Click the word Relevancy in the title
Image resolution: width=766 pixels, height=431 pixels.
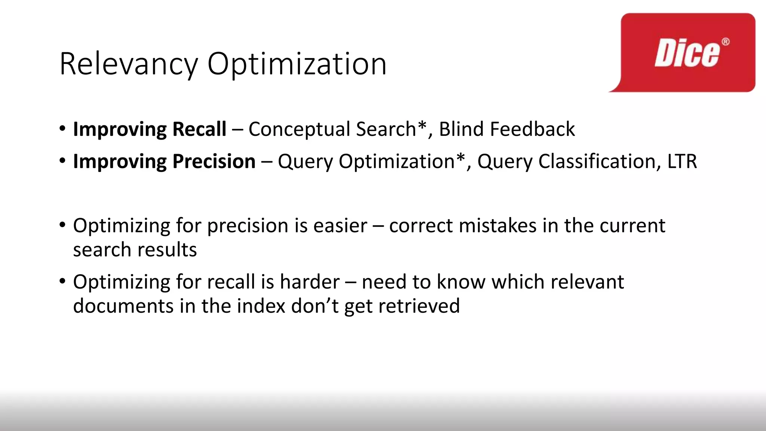(128, 64)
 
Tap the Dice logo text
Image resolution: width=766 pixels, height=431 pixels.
(687, 54)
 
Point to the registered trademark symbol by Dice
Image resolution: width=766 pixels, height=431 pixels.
(725, 42)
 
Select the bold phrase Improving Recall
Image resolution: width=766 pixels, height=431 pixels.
(150, 129)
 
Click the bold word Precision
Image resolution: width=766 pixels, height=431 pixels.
(214, 162)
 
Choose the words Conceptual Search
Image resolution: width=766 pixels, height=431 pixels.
(332, 129)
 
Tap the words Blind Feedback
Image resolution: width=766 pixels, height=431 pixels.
(507, 129)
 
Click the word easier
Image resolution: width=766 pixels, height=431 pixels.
(340, 226)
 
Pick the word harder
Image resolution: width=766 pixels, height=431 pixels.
(310, 282)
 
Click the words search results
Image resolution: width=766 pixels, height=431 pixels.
(135, 250)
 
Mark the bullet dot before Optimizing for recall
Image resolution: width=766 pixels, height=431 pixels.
(62, 281)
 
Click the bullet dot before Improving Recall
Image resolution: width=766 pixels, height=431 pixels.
(62, 129)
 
